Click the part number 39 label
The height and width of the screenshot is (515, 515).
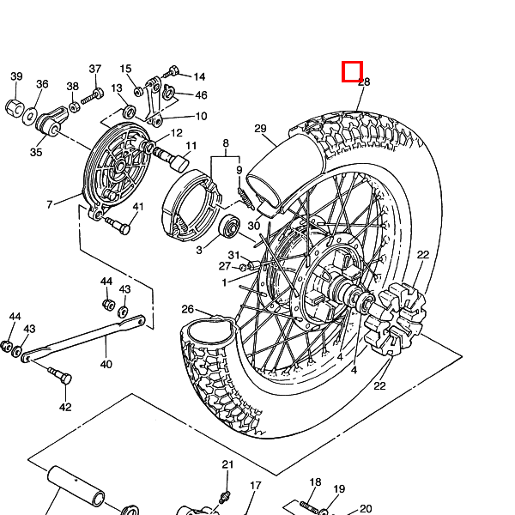[x=17, y=76]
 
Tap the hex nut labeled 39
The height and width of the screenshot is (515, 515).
[x=15, y=107]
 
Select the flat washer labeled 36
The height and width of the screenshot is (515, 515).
[x=30, y=116]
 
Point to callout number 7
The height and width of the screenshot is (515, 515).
[x=50, y=204]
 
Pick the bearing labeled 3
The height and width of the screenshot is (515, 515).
[x=229, y=226]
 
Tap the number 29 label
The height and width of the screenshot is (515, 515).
[x=260, y=129]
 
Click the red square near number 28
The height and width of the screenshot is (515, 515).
[x=352, y=71]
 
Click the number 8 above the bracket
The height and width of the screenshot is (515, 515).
[x=226, y=143]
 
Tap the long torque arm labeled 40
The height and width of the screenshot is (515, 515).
[x=83, y=337]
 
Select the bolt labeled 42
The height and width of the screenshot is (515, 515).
[x=61, y=377]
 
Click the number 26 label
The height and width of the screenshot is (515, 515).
[x=187, y=309]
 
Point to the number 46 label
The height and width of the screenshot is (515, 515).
[x=201, y=95]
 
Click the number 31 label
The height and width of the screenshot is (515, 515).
[x=233, y=255]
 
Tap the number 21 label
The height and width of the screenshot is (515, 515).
[x=227, y=464]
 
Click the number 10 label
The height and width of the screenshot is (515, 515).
[x=201, y=116]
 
